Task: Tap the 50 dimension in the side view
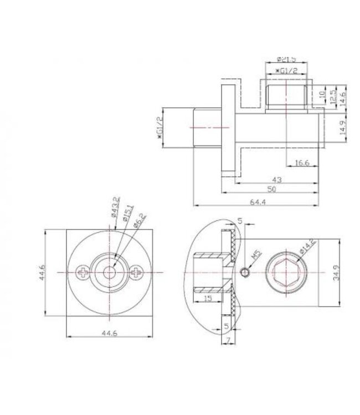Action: click(x=271, y=190)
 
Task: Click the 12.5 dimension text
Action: click(x=333, y=95)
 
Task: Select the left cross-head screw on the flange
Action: click(x=83, y=272)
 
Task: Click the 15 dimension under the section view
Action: click(x=208, y=299)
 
